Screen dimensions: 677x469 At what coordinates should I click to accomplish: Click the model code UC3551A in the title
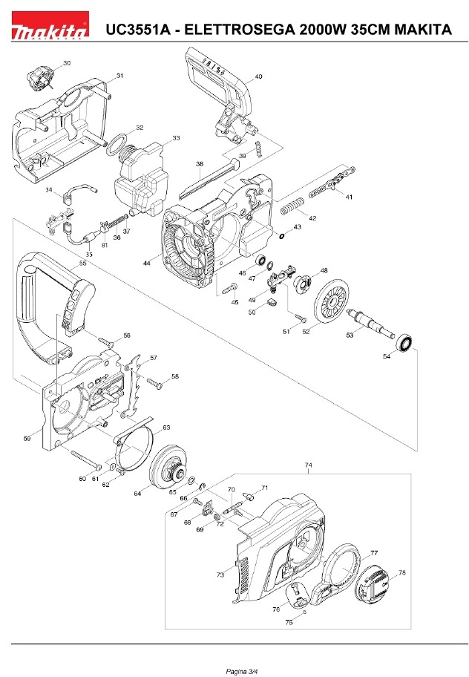tap(138, 30)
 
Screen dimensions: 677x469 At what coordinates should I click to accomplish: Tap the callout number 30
tap(67, 64)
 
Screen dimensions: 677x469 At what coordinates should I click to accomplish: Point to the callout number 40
tap(258, 76)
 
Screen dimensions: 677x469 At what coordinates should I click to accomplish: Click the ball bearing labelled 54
tap(405, 344)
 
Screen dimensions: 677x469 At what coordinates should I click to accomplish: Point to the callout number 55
tap(82, 263)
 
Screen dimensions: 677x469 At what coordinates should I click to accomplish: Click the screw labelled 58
tap(155, 383)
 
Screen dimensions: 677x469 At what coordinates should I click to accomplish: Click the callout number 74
tap(309, 465)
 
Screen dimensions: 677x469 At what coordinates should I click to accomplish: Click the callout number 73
tap(220, 575)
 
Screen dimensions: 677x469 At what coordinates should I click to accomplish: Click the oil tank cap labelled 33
tap(141, 178)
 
